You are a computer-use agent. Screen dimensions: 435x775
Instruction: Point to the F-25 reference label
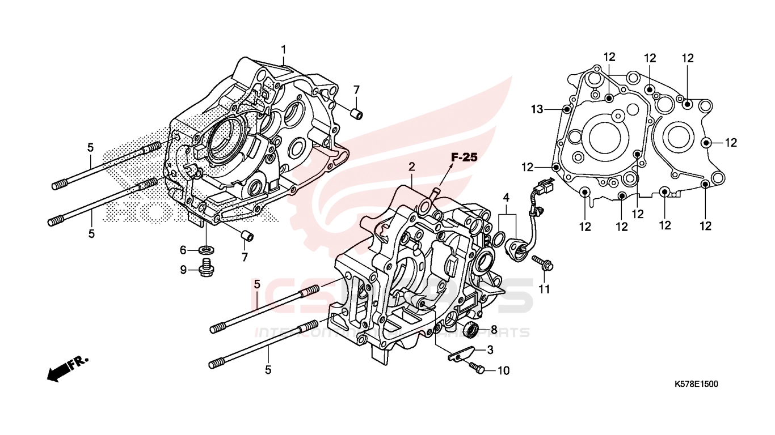pos(465,157)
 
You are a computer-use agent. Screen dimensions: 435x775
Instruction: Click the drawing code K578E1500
pos(696,384)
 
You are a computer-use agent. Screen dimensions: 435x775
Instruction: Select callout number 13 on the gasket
pos(537,108)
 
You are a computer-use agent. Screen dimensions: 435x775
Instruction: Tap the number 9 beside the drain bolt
pos(183,270)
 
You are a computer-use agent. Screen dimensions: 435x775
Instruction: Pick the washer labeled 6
pos(207,249)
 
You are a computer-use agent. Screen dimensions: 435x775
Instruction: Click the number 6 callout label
pos(183,250)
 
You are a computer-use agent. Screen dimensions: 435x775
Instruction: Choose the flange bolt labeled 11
pos(543,263)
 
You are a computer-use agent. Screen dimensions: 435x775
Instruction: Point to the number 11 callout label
pos(545,290)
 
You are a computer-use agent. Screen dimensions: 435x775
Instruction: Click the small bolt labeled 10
pos(477,369)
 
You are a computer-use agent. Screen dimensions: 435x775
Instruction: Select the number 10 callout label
pos(504,371)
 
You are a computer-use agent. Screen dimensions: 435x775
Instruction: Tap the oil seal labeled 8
pos(470,329)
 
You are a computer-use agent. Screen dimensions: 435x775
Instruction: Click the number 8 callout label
pos(494,329)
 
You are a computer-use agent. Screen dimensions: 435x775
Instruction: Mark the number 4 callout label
pos(506,197)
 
